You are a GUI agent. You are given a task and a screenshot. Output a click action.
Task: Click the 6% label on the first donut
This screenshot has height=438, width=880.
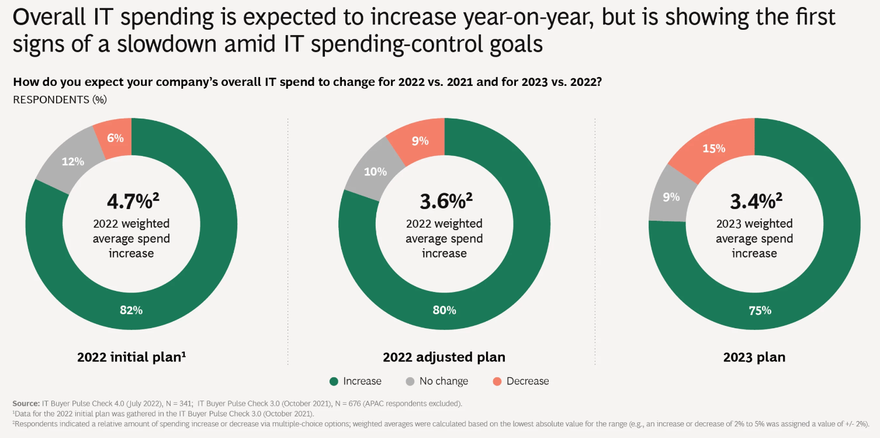115,138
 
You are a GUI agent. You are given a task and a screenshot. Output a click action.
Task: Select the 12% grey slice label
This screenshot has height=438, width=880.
73,161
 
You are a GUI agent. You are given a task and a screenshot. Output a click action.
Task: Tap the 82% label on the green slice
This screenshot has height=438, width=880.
131,310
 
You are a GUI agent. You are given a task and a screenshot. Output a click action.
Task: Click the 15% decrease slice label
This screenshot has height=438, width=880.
713,148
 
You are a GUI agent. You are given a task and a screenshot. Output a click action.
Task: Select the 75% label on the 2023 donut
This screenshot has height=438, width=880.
760,310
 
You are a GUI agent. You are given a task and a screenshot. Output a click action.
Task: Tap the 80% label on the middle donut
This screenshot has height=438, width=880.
444,310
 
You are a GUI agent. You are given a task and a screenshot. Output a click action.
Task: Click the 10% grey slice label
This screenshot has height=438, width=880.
375,172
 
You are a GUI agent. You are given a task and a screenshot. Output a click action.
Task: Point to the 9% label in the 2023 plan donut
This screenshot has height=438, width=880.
671,197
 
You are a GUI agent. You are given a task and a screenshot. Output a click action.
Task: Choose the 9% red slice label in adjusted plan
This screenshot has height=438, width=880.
420,141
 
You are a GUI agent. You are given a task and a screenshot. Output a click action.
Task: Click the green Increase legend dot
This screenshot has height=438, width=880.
334,381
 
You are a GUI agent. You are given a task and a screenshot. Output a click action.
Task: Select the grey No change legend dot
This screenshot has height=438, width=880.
410,381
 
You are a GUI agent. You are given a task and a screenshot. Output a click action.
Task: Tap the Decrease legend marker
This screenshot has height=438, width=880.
497,381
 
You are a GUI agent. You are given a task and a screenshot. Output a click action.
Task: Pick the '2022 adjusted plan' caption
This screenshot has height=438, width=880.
444,357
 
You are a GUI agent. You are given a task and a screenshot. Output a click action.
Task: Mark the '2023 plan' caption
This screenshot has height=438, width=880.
754,357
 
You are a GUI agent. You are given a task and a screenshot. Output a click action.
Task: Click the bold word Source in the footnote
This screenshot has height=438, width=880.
26,404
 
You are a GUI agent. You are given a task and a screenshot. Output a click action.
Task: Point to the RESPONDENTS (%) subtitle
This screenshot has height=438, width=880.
60,100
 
